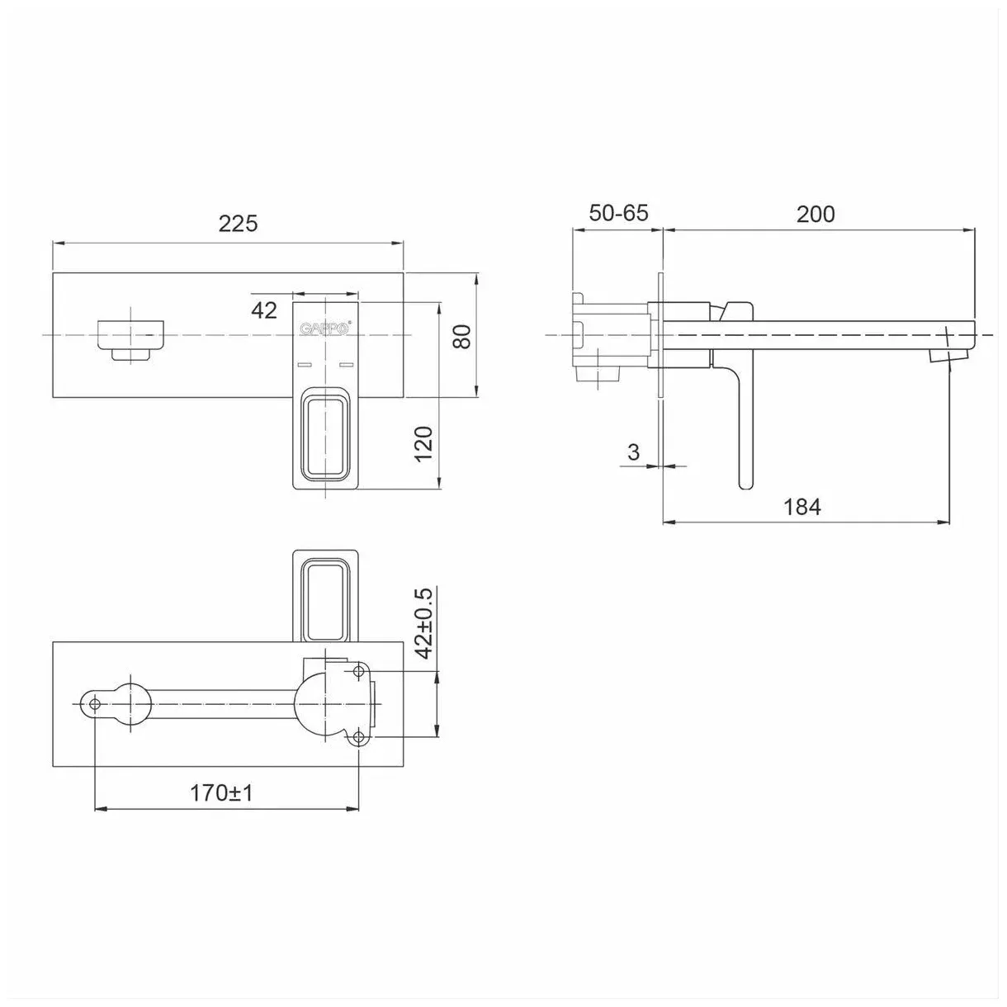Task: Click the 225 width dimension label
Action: click(x=238, y=224)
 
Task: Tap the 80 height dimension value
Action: click(x=463, y=336)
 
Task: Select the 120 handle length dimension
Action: click(x=424, y=444)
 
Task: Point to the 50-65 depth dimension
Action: click(x=619, y=213)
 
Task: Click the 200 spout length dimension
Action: click(x=816, y=214)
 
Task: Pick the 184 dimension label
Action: click(x=802, y=506)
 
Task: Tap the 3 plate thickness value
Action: click(x=633, y=451)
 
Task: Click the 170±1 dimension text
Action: click(x=221, y=793)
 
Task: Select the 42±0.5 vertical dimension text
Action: click(x=425, y=623)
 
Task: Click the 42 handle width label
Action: click(x=264, y=310)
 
